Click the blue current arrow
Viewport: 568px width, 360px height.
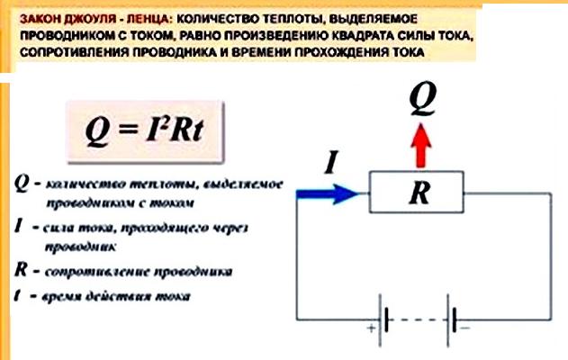329,192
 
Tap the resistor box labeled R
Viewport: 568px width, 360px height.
417,193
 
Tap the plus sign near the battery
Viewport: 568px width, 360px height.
369,330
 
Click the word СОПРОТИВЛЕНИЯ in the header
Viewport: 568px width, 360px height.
69,53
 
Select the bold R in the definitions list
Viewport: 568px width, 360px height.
21,269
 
